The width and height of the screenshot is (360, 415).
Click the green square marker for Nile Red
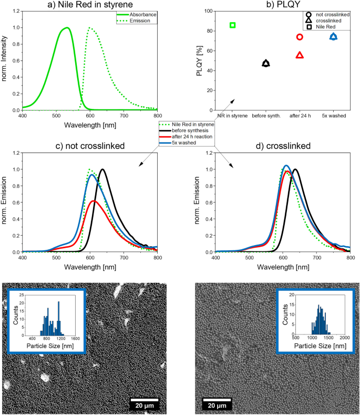tap(232, 25)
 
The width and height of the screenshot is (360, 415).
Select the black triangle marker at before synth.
tap(266, 64)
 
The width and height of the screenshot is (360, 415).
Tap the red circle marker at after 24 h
tap(300, 37)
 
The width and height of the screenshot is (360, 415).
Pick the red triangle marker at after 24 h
tap(300, 55)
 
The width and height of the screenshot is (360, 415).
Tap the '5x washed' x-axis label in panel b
tap(333, 115)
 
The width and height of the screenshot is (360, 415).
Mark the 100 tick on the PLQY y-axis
tap(209, 11)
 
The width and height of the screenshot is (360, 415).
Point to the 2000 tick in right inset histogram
tap(345, 337)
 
